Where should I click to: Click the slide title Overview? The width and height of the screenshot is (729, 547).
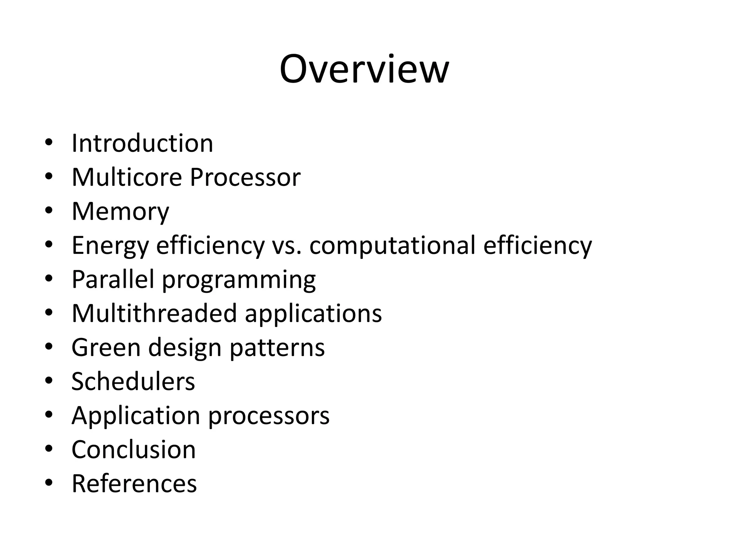pyautogui.click(x=364, y=69)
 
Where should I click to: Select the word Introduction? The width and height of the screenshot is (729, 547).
pyautogui.click(x=142, y=143)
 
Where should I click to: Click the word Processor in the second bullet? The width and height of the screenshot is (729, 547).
pyautogui.click(x=245, y=177)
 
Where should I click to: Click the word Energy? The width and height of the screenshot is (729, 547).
pyautogui.click(x=110, y=246)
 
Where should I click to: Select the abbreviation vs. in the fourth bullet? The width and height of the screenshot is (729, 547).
pyautogui.click(x=287, y=246)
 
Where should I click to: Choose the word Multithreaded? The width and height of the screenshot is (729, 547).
pyautogui.click(x=154, y=313)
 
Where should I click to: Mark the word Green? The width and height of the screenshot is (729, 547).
pyautogui.click(x=106, y=348)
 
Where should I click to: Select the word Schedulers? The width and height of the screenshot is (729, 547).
pyautogui.click(x=133, y=381)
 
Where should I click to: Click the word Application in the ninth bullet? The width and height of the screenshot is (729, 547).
pyautogui.click(x=136, y=416)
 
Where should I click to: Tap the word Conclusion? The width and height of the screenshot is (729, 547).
pyautogui.click(x=133, y=449)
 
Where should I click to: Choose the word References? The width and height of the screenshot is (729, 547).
pyautogui.click(x=134, y=484)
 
